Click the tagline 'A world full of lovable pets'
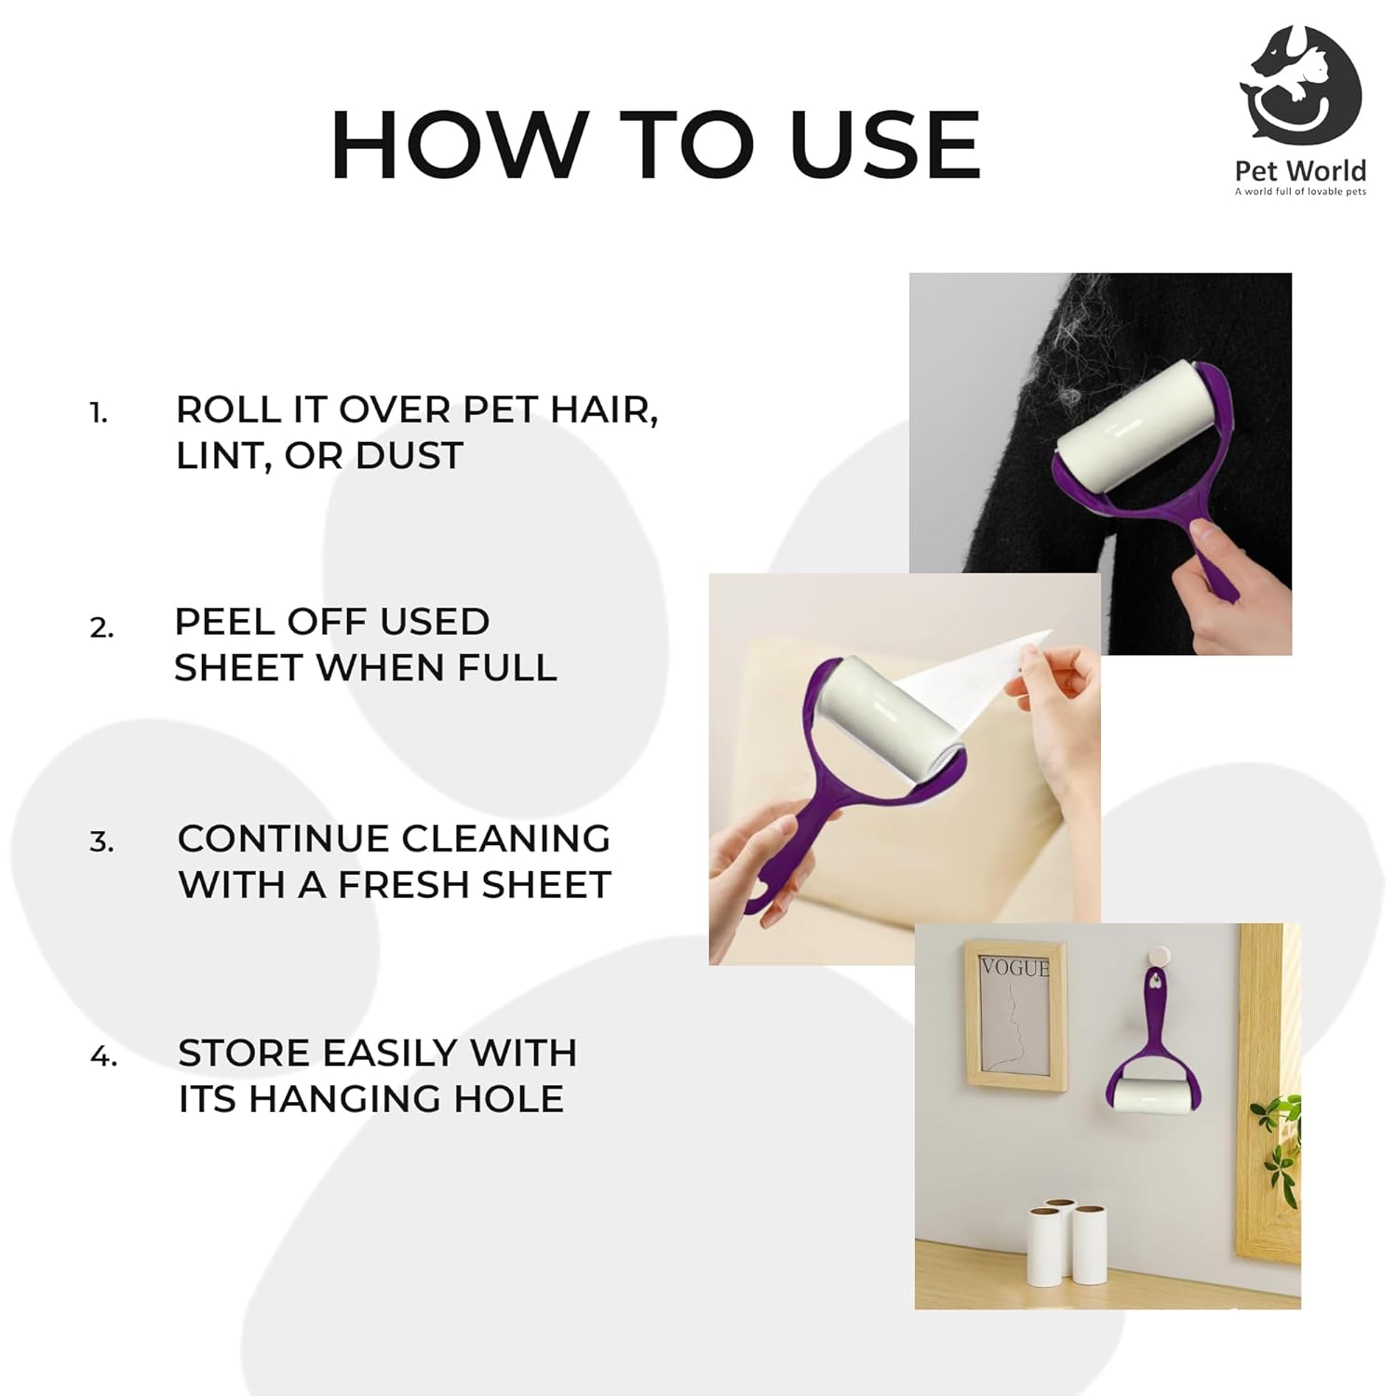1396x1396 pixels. [1300, 192]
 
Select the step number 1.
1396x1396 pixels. [99, 413]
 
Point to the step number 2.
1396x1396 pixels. [101, 628]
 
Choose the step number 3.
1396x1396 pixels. [101, 842]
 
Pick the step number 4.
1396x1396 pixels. [103, 1056]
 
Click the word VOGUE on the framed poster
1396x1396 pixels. [1015, 968]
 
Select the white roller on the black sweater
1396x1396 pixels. [1121, 435]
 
